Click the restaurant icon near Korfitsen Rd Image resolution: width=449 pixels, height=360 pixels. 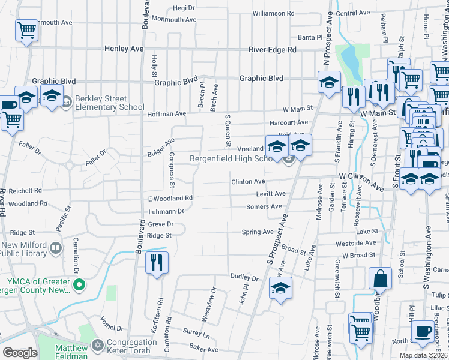coord(156,262)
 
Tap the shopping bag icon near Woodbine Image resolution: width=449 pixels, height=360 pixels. coord(380,278)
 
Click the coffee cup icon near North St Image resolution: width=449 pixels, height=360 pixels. coord(422,331)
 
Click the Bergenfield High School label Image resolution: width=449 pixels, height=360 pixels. coord(232,158)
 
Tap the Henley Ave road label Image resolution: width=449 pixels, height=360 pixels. coord(124,49)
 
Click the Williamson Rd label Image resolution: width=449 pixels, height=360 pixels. coord(273,13)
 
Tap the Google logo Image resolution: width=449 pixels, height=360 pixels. coord(20,353)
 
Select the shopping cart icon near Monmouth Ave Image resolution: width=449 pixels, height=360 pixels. coord(26,30)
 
